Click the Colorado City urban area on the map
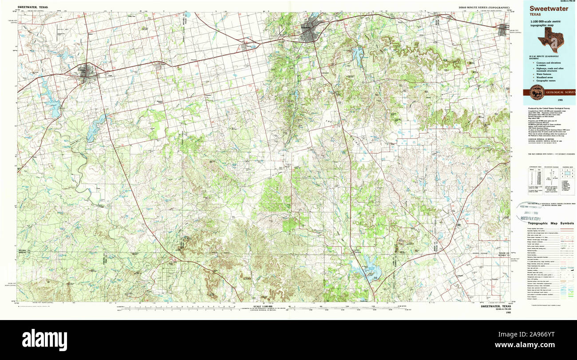pos(89,72)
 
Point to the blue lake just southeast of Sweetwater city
pos(358,55)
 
